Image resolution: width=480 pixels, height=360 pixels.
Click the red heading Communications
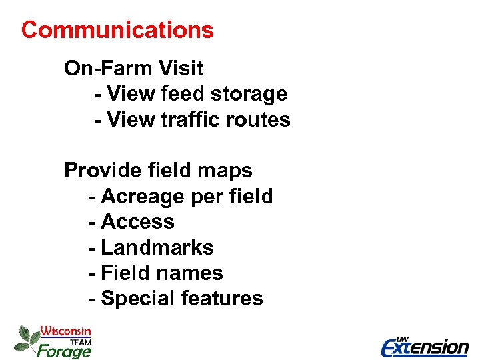[x=117, y=30]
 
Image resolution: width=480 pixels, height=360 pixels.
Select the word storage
[x=250, y=94]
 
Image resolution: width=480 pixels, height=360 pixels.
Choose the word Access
[x=137, y=222]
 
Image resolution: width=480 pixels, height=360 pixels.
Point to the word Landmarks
[x=157, y=248]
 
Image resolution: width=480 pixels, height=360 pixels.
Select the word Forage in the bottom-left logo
[x=63, y=350]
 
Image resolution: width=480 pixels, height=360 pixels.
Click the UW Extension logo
[x=425, y=346]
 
